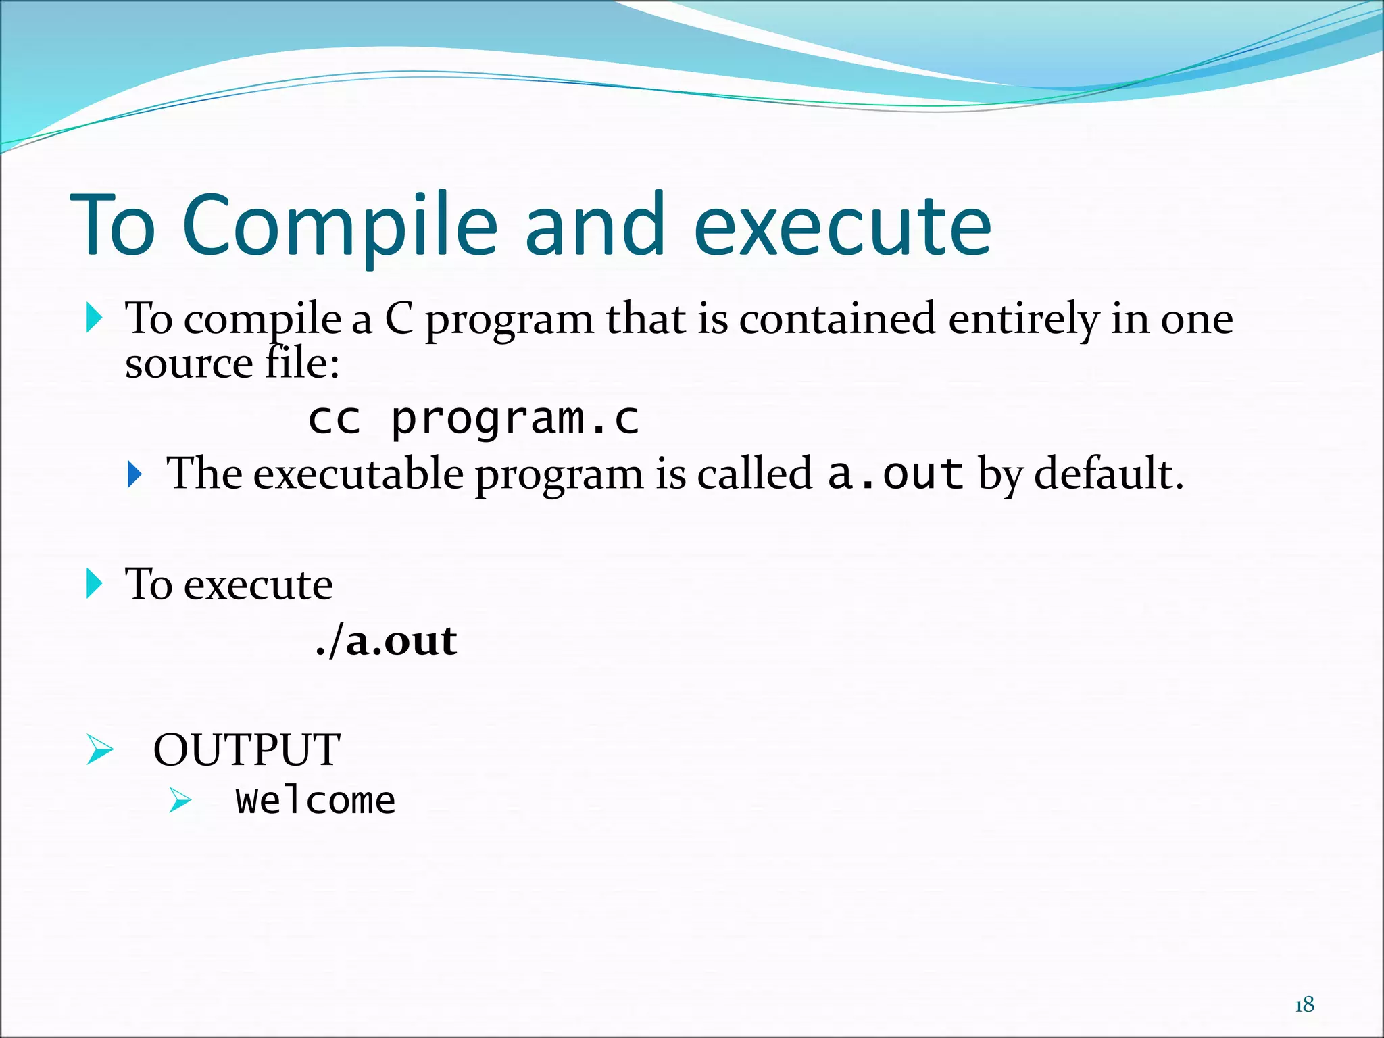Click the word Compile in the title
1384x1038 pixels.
[x=339, y=226]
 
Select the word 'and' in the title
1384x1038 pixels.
[x=595, y=226]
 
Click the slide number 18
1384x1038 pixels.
[x=1304, y=1005]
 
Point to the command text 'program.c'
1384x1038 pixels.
[x=515, y=419]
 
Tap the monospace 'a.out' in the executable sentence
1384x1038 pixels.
[x=895, y=473]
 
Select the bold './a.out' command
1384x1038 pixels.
[x=387, y=641]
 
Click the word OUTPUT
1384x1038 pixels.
[x=247, y=749]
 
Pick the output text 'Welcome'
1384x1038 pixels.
[x=315, y=801]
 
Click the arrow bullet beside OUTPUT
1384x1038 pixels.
[x=100, y=749]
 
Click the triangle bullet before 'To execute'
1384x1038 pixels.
[x=95, y=584]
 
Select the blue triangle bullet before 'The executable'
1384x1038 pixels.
[x=135, y=474]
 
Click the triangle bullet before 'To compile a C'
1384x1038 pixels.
[x=95, y=318]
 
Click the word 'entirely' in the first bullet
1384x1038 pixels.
[x=1023, y=319]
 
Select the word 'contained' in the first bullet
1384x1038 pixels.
[x=837, y=319]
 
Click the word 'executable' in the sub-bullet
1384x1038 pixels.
[x=358, y=473]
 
